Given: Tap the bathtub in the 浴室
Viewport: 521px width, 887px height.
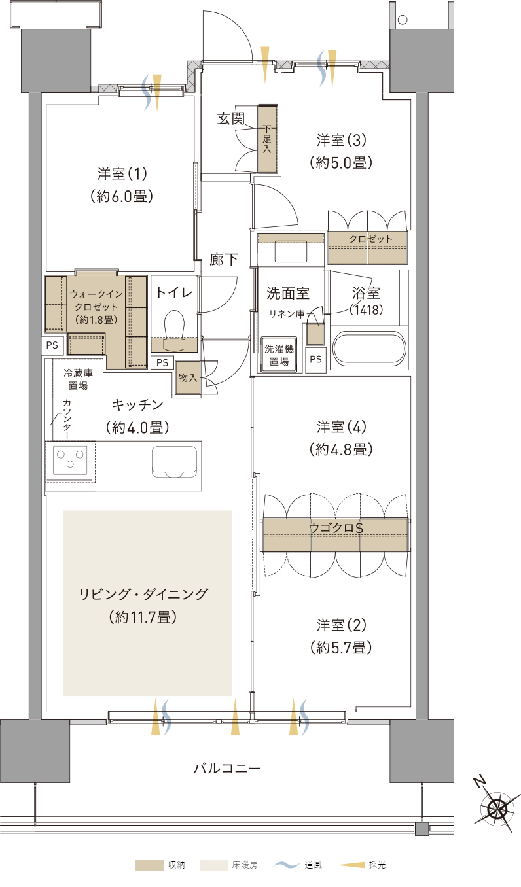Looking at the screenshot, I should point(370,349).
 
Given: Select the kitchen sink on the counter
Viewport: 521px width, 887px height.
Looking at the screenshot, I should point(174,461).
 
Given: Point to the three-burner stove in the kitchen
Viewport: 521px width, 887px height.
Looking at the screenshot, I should point(70,460).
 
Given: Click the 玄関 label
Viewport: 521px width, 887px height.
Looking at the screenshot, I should point(231,118).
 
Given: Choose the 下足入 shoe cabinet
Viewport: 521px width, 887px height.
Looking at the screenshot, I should point(268,138).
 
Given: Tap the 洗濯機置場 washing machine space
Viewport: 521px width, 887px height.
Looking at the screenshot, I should point(279,355).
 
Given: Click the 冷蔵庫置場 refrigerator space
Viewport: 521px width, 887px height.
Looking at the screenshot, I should point(78,379).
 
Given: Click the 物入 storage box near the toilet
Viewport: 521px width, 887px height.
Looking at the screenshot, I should point(188,378).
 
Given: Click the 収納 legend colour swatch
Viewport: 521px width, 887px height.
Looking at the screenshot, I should point(149,865).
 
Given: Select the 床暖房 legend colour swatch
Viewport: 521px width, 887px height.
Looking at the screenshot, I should point(213,865).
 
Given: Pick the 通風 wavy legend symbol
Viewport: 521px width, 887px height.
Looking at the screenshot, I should point(285,865).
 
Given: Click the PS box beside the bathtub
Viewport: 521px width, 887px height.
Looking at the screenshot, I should point(315,359).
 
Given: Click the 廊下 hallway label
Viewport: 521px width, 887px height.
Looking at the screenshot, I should point(224,260).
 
